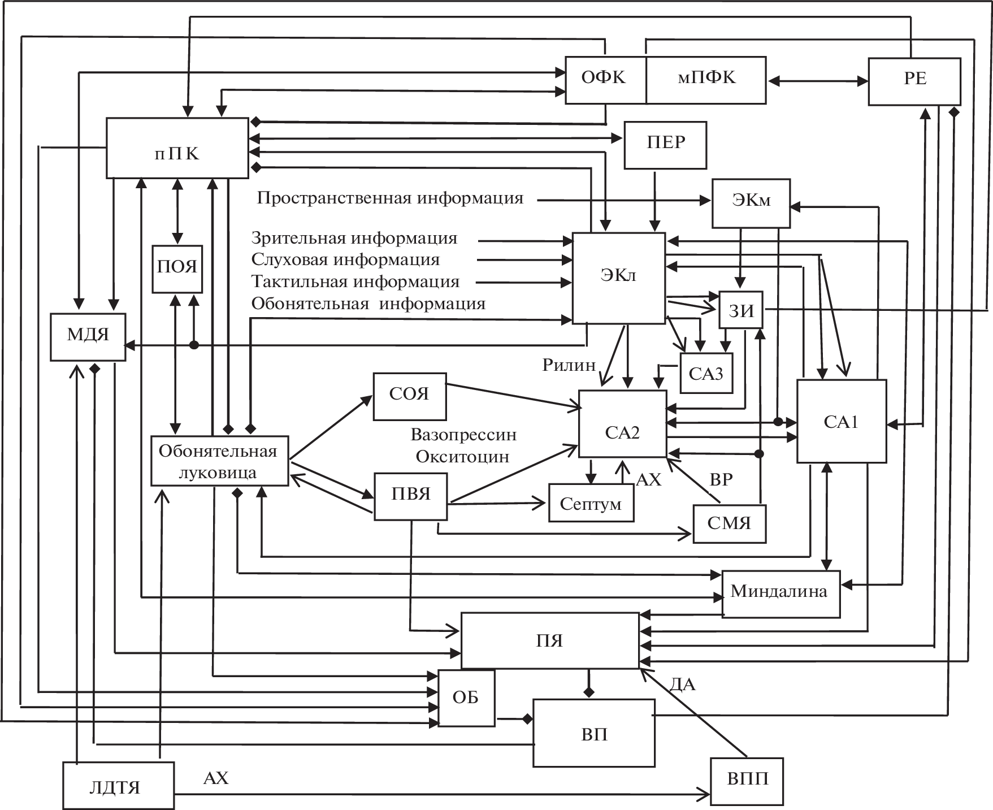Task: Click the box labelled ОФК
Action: point(605,80)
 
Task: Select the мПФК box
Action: point(706,80)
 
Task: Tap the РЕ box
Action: point(914,81)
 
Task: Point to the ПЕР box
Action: point(665,145)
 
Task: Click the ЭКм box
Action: point(751,203)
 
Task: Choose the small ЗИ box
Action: point(740,310)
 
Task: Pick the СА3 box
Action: point(706,374)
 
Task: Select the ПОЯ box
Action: point(177,268)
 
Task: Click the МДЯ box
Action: point(88,336)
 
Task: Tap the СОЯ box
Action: point(409,396)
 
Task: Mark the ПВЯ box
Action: point(411,496)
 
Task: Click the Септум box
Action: point(591,503)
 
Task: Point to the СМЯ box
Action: point(729,523)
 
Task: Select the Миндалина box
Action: point(780,594)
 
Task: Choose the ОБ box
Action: point(466,698)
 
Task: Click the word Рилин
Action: point(569,365)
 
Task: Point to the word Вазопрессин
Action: point(463,435)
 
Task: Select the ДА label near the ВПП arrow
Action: point(682,685)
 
